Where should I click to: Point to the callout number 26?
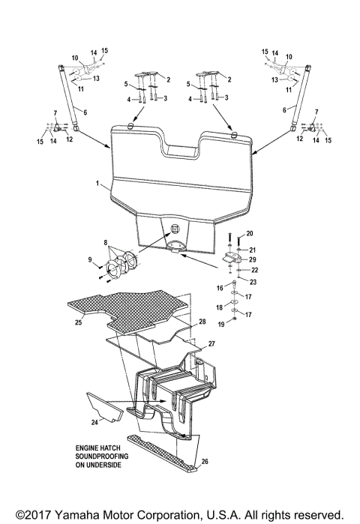click(206, 462)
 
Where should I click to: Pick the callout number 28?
click(202, 321)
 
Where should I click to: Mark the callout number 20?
click(250, 234)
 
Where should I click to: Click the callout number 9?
click(89, 260)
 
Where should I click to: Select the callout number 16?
click(220, 287)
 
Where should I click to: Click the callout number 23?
click(253, 282)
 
